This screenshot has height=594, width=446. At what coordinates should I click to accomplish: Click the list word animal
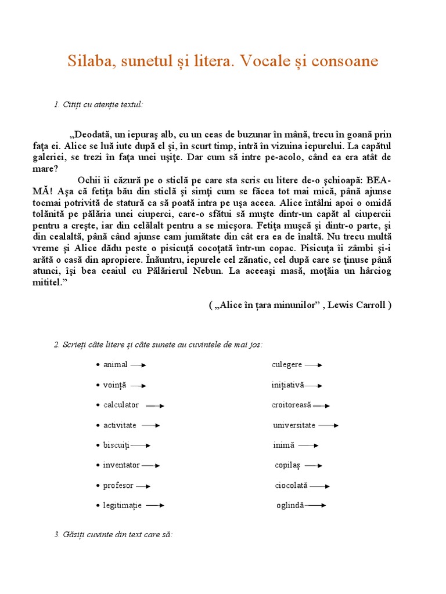click(115, 365)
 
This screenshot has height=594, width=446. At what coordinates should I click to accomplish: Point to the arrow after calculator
click(155, 405)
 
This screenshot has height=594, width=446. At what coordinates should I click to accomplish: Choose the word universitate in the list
click(294, 425)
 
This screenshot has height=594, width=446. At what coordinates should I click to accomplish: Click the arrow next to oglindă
click(315, 505)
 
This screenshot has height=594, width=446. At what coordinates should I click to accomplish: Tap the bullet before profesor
click(98, 486)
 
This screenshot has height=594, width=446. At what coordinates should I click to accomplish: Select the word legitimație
click(122, 506)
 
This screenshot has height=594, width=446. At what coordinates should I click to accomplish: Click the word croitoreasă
click(291, 405)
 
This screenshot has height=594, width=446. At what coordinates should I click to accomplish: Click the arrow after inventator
click(150, 465)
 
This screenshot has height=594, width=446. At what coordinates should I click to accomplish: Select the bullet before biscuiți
click(98, 445)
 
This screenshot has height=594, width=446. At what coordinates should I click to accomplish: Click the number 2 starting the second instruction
click(56, 345)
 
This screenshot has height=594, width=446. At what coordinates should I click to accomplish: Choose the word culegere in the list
click(286, 365)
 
